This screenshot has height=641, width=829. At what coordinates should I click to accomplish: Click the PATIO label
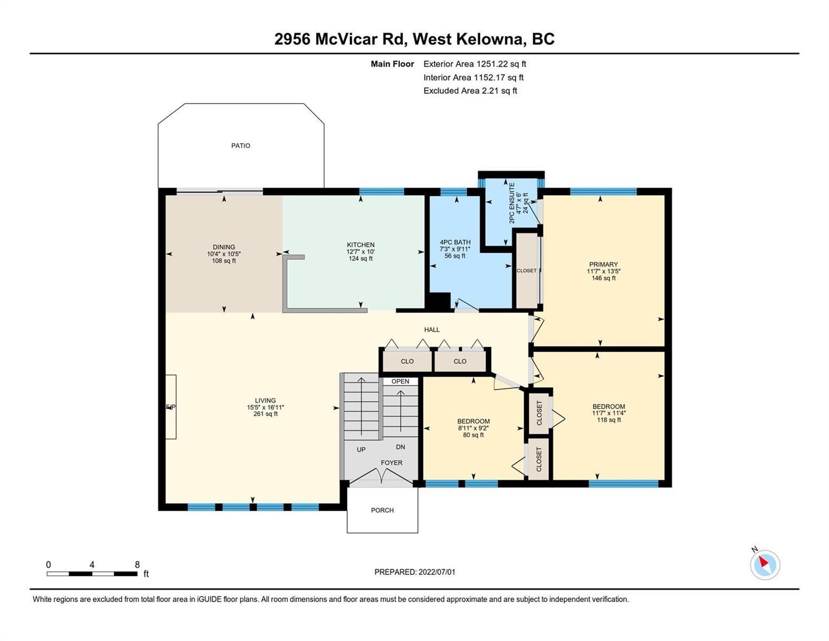(x=240, y=145)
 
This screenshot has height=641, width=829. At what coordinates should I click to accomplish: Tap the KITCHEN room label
(x=360, y=245)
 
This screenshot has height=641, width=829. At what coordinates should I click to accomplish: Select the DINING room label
(x=224, y=247)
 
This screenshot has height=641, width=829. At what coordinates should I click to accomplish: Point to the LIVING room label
(x=265, y=401)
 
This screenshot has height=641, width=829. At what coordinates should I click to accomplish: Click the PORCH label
(x=382, y=510)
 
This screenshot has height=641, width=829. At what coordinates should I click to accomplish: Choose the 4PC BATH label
(x=455, y=242)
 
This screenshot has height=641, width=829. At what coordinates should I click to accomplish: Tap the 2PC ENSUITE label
(x=511, y=203)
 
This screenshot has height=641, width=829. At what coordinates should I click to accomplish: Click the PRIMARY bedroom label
(x=603, y=264)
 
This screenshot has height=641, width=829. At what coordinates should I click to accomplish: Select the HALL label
(x=432, y=330)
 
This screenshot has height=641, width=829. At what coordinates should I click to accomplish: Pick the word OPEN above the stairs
(x=400, y=381)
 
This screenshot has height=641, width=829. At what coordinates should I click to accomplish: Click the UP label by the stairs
(x=361, y=449)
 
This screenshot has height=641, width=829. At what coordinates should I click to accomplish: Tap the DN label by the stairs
(x=400, y=447)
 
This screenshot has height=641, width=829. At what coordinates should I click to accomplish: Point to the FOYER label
(x=391, y=463)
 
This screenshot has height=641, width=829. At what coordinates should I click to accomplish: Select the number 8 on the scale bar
(x=137, y=565)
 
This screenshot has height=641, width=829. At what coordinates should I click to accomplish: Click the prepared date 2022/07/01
(x=437, y=572)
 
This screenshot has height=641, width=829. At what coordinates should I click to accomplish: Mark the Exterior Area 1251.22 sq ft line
(x=475, y=64)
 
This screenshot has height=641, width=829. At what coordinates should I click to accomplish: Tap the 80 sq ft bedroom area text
(x=473, y=435)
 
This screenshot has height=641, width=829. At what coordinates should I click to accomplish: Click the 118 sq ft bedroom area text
(x=609, y=420)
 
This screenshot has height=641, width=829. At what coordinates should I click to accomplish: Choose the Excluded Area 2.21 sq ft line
(x=470, y=91)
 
